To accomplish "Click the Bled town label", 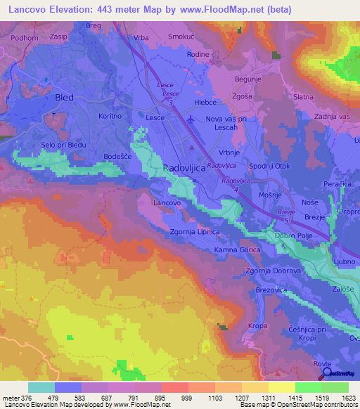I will point(64,97).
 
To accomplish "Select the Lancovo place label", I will point(167,202).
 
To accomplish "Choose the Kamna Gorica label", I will point(238,250).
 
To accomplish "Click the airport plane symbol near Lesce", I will point(192,119).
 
